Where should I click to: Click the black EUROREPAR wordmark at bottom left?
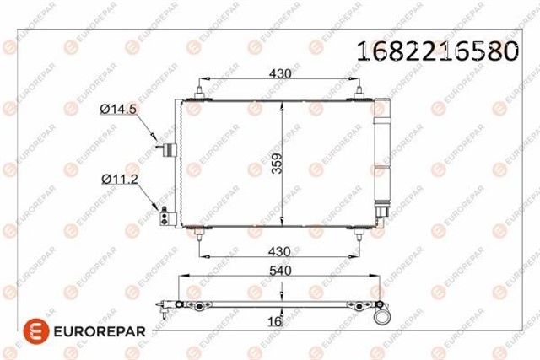pyautogui.click(x=95, y=330)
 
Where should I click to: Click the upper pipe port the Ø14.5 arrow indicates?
pyautogui.click(x=167, y=150)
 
